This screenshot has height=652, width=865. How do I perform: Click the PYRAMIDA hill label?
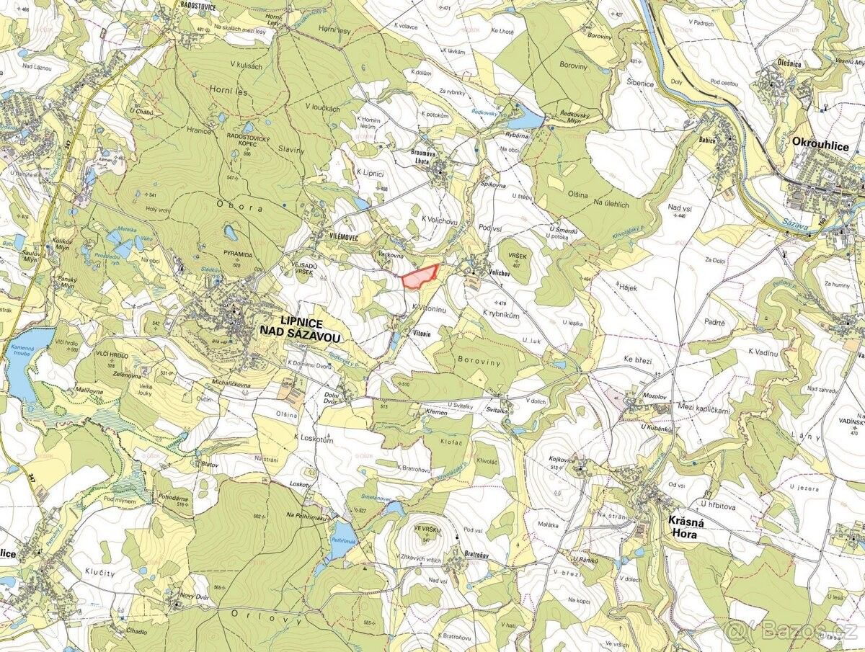point(238,255)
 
